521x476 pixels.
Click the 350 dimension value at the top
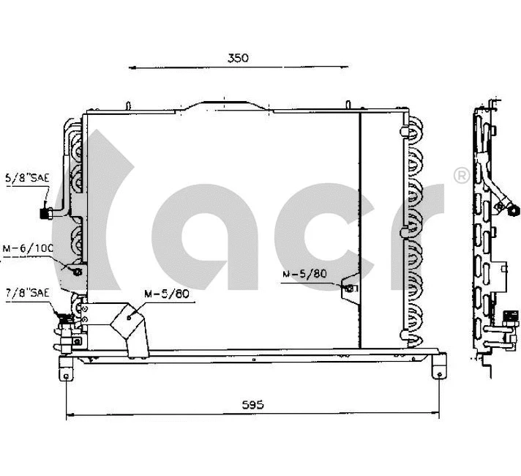238,58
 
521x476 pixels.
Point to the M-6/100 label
27,248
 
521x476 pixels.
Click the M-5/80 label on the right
304,274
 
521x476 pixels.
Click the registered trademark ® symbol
461,176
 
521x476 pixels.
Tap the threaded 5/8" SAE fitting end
45,214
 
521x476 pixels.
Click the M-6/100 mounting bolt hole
78,272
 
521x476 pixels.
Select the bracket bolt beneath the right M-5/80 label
350,289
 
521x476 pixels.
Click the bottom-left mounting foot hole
67,376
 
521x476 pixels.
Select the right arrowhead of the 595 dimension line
441,416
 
